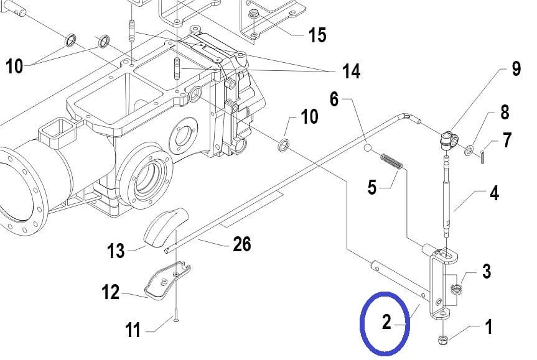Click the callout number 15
pyautogui.click(x=317, y=35)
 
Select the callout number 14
pyautogui.click(x=351, y=72)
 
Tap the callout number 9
pyautogui.click(x=516, y=69)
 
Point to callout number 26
pyautogui.click(x=242, y=244)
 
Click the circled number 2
pyautogui.click(x=386, y=322)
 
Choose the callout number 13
pyautogui.click(x=116, y=251)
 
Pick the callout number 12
pyautogui.click(x=111, y=292)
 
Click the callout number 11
pyautogui.click(x=133, y=331)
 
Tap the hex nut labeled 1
pyautogui.click(x=444, y=340)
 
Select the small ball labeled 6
pyautogui.click(x=367, y=148)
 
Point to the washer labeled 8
pyautogui.click(x=469, y=150)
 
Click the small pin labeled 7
pyautogui.click(x=482, y=157)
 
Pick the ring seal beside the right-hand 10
pyautogui.click(x=284, y=145)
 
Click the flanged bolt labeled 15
pyautogui.click(x=253, y=15)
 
